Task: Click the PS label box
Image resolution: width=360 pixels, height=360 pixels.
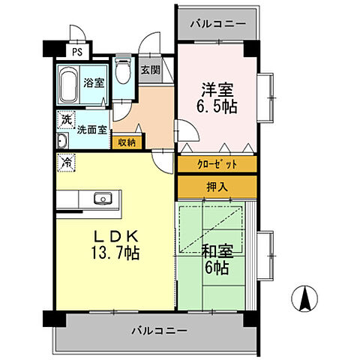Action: [x=77, y=52]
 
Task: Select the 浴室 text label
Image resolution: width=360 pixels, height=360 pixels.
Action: [x=94, y=83]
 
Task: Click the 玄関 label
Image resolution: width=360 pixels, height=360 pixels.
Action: [x=150, y=70]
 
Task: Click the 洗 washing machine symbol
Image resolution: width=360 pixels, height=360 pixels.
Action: [x=67, y=118]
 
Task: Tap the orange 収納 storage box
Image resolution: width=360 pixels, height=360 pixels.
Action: [x=125, y=141]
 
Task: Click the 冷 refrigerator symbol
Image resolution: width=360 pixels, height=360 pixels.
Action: [x=67, y=161]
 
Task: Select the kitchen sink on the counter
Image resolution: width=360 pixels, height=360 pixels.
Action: [x=101, y=199]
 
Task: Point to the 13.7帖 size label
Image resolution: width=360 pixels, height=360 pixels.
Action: [x=118, y=252]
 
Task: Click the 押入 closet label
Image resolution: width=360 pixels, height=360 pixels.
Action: [x=217, y=186]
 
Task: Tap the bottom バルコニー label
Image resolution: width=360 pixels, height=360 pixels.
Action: [x=161, y=330]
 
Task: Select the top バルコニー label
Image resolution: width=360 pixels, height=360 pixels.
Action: [x=217, y=24]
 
